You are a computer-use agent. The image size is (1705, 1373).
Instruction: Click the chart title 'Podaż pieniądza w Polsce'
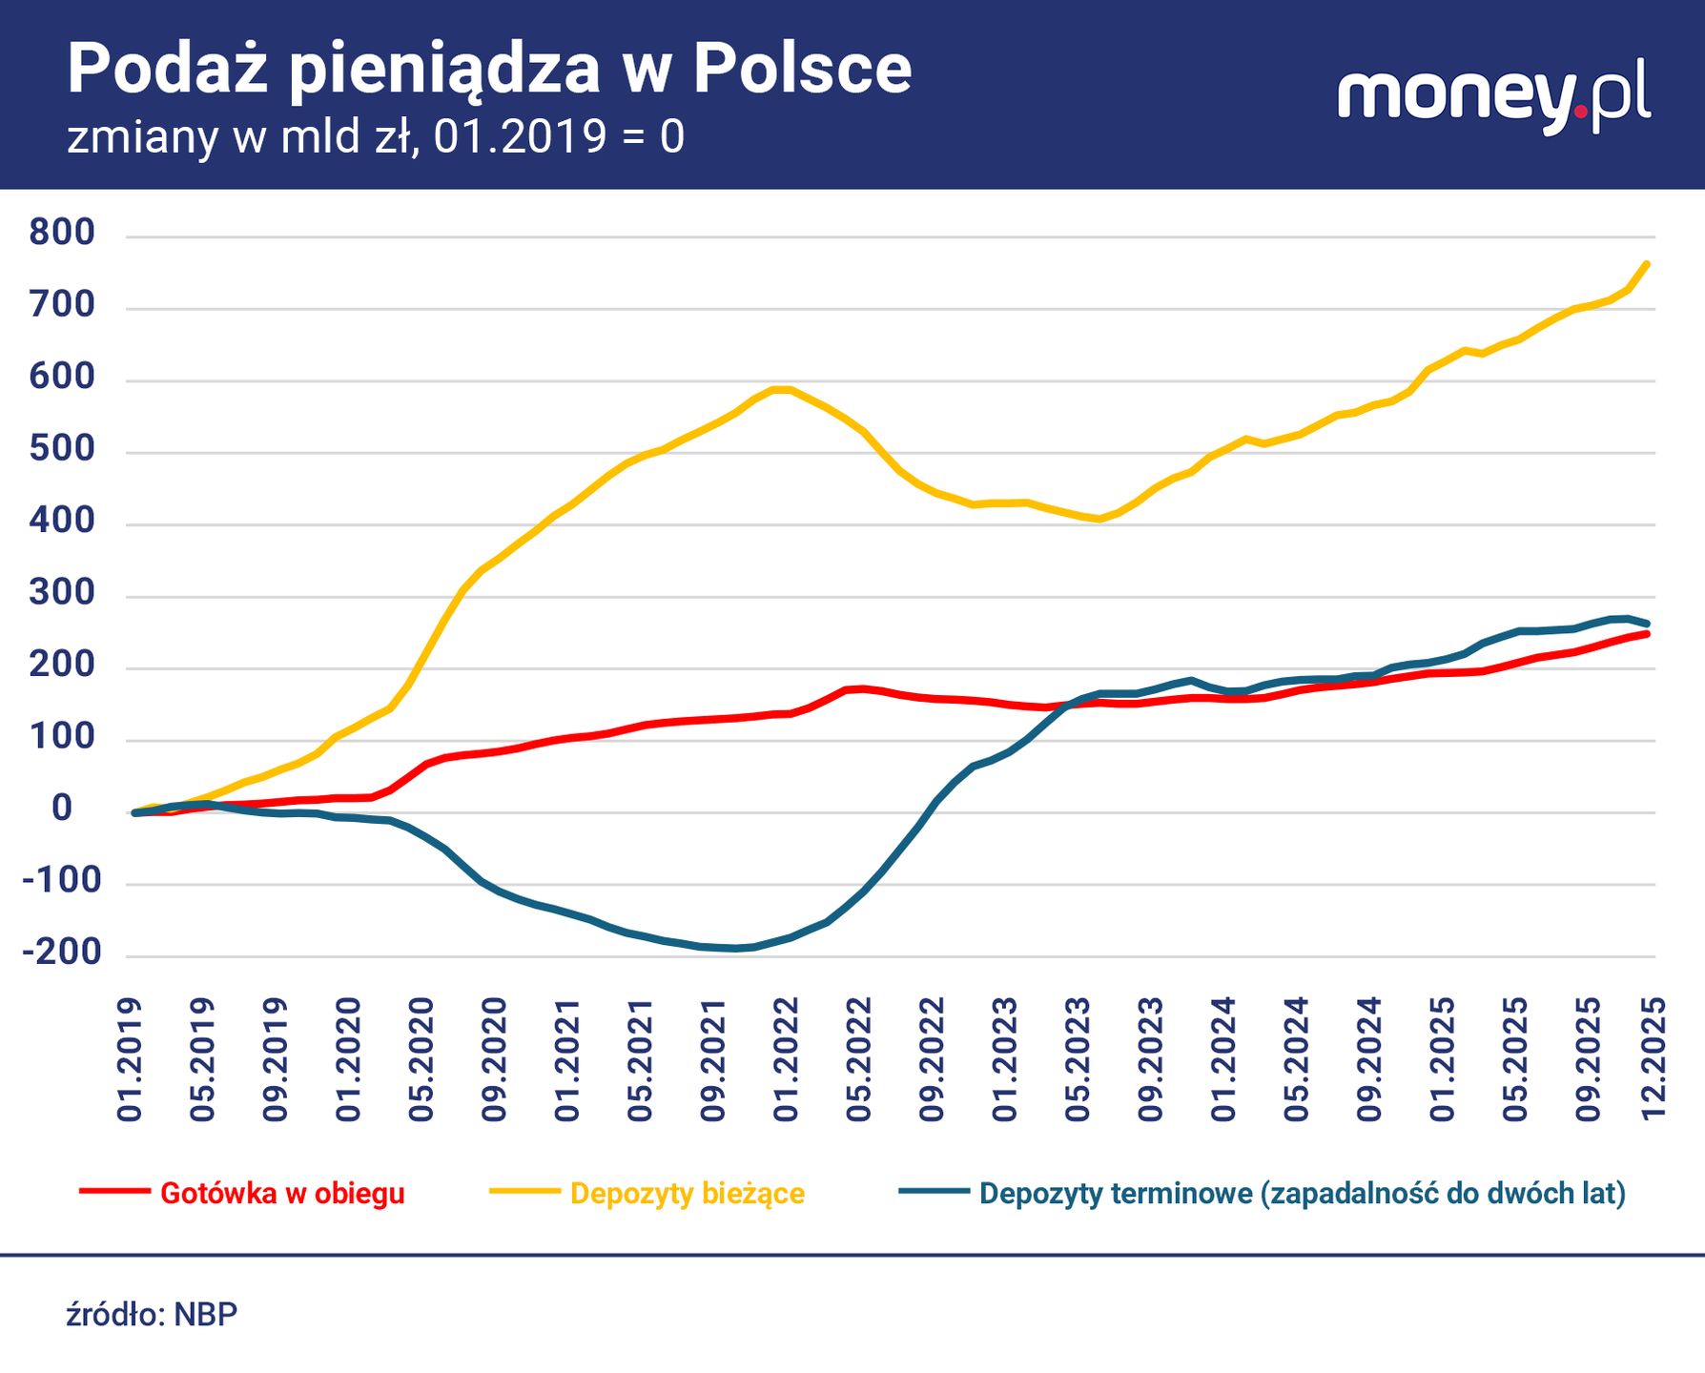click(489, 70)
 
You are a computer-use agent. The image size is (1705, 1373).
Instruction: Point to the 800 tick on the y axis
click(62, 233)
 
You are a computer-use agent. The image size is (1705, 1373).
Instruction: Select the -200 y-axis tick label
click(62, 952)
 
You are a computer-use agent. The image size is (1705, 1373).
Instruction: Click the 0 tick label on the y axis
click(62, 809)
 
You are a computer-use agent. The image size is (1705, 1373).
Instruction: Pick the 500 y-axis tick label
click(62, 449)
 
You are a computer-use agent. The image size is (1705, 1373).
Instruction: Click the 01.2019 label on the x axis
click(130, 1059)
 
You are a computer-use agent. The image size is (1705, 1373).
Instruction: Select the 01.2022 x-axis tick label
click(786, 1059)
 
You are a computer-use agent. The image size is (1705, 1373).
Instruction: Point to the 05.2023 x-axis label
click(1078, 1059)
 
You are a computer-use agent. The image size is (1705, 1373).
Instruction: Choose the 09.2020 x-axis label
click(494, 1059)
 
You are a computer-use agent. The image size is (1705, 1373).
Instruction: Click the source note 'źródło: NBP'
click(152, 1314)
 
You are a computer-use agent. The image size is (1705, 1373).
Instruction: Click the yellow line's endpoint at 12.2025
click(1648, 264)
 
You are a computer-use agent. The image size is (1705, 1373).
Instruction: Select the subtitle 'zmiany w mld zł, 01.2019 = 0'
click(376, 136)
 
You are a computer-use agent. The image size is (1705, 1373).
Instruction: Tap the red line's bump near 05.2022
click(861, 688)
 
